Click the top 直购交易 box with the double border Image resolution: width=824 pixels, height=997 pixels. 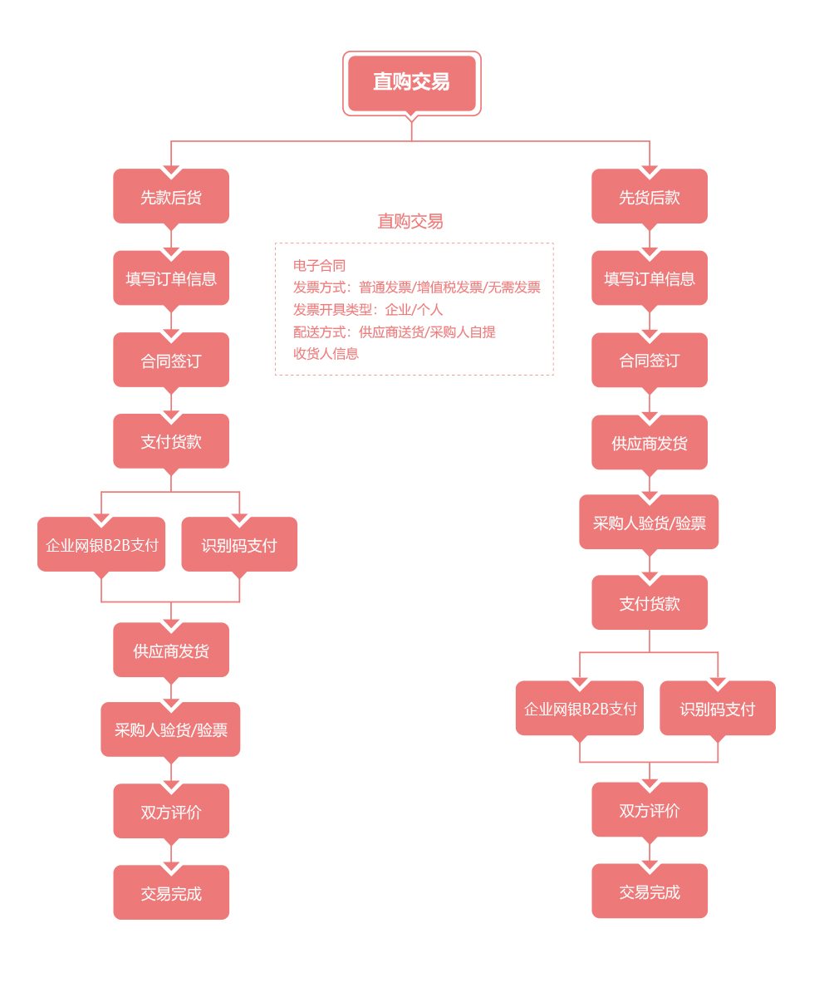411,83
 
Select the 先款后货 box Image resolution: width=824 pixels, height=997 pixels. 171,196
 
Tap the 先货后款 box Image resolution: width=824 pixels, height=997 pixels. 650,196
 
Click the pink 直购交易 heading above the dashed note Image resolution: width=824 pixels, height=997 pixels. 410,221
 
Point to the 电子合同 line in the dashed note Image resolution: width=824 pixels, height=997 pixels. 319,266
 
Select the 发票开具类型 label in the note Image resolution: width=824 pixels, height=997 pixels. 332,310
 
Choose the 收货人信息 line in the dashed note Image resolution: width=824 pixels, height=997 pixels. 326,354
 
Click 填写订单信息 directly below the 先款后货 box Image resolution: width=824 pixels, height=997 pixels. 171,277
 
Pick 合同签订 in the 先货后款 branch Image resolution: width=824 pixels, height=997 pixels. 650,360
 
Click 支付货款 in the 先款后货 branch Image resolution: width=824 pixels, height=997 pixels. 171,441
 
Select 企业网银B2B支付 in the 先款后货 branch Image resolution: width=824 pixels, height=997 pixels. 101,544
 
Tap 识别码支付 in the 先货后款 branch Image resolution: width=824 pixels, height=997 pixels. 718,708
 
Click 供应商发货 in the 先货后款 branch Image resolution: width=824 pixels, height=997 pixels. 650,443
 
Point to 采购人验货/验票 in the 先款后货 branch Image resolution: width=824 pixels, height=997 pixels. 170,729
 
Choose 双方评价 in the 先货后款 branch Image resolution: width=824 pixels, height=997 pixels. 650,809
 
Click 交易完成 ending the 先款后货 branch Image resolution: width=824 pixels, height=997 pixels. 171,892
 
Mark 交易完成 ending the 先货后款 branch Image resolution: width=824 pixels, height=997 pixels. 650,891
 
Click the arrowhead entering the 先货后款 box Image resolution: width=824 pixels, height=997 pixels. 650,172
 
